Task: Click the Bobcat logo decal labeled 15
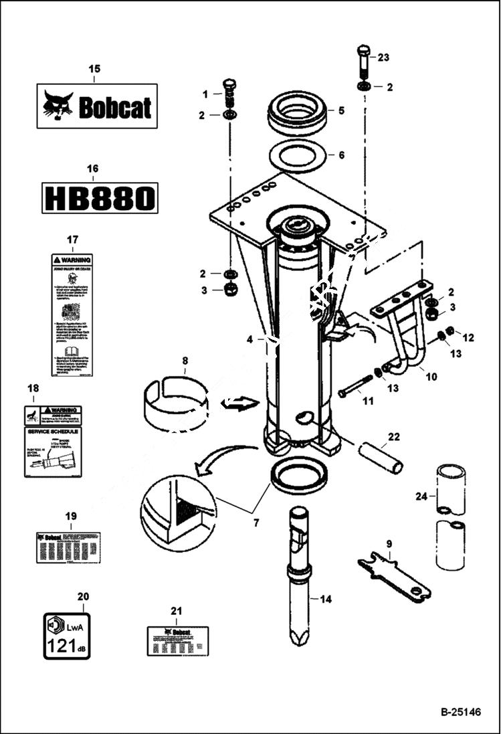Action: coord(97,106)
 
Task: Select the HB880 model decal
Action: coord(100,198)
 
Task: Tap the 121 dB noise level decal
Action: coord(67,636)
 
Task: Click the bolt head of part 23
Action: coord(363,51)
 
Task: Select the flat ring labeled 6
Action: coord(297,157)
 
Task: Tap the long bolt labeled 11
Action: coord(355,386)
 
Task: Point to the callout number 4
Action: coord(249,340)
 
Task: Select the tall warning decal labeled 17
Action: coord(72,314)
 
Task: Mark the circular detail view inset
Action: coord(177,513)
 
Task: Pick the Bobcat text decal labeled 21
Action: coord(177,640)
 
